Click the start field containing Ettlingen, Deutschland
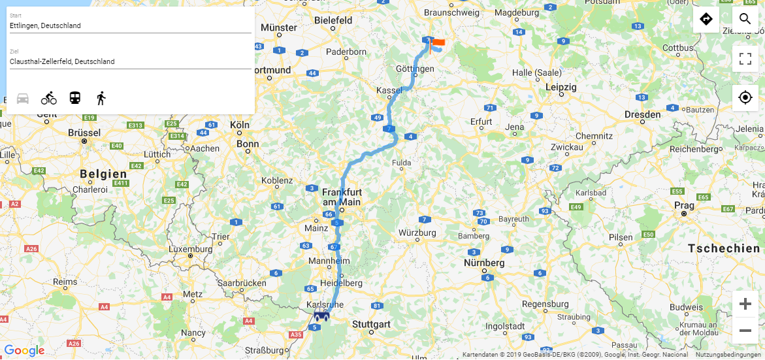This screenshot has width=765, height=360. coord(130,25)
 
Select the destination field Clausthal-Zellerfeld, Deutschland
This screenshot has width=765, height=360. coord(130,61)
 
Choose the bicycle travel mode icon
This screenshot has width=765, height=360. coord(49,99)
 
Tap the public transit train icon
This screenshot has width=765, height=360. coord(75,99)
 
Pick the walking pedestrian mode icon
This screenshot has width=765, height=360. coord(101,99)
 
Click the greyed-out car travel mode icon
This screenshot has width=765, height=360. coord(23,99)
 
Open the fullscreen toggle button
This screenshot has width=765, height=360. coord(745,59)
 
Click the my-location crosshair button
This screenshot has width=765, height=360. coord(745,98)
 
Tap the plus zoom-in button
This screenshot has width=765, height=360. coord(745,304)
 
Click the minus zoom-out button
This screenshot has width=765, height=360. coord(745,331)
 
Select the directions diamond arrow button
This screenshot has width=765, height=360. coord(706,19)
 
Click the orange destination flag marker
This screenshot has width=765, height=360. coord(438,42)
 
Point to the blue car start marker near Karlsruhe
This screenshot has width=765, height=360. coord(321,317)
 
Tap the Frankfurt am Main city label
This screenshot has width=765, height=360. coord(342,197)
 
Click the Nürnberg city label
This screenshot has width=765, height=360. coord(484,263)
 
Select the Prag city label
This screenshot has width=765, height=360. coord(684,205)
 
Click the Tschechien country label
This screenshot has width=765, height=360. coord(723,248)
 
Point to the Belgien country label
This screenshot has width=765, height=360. coord(103,174)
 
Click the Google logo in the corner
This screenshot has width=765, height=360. coord(24,351)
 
